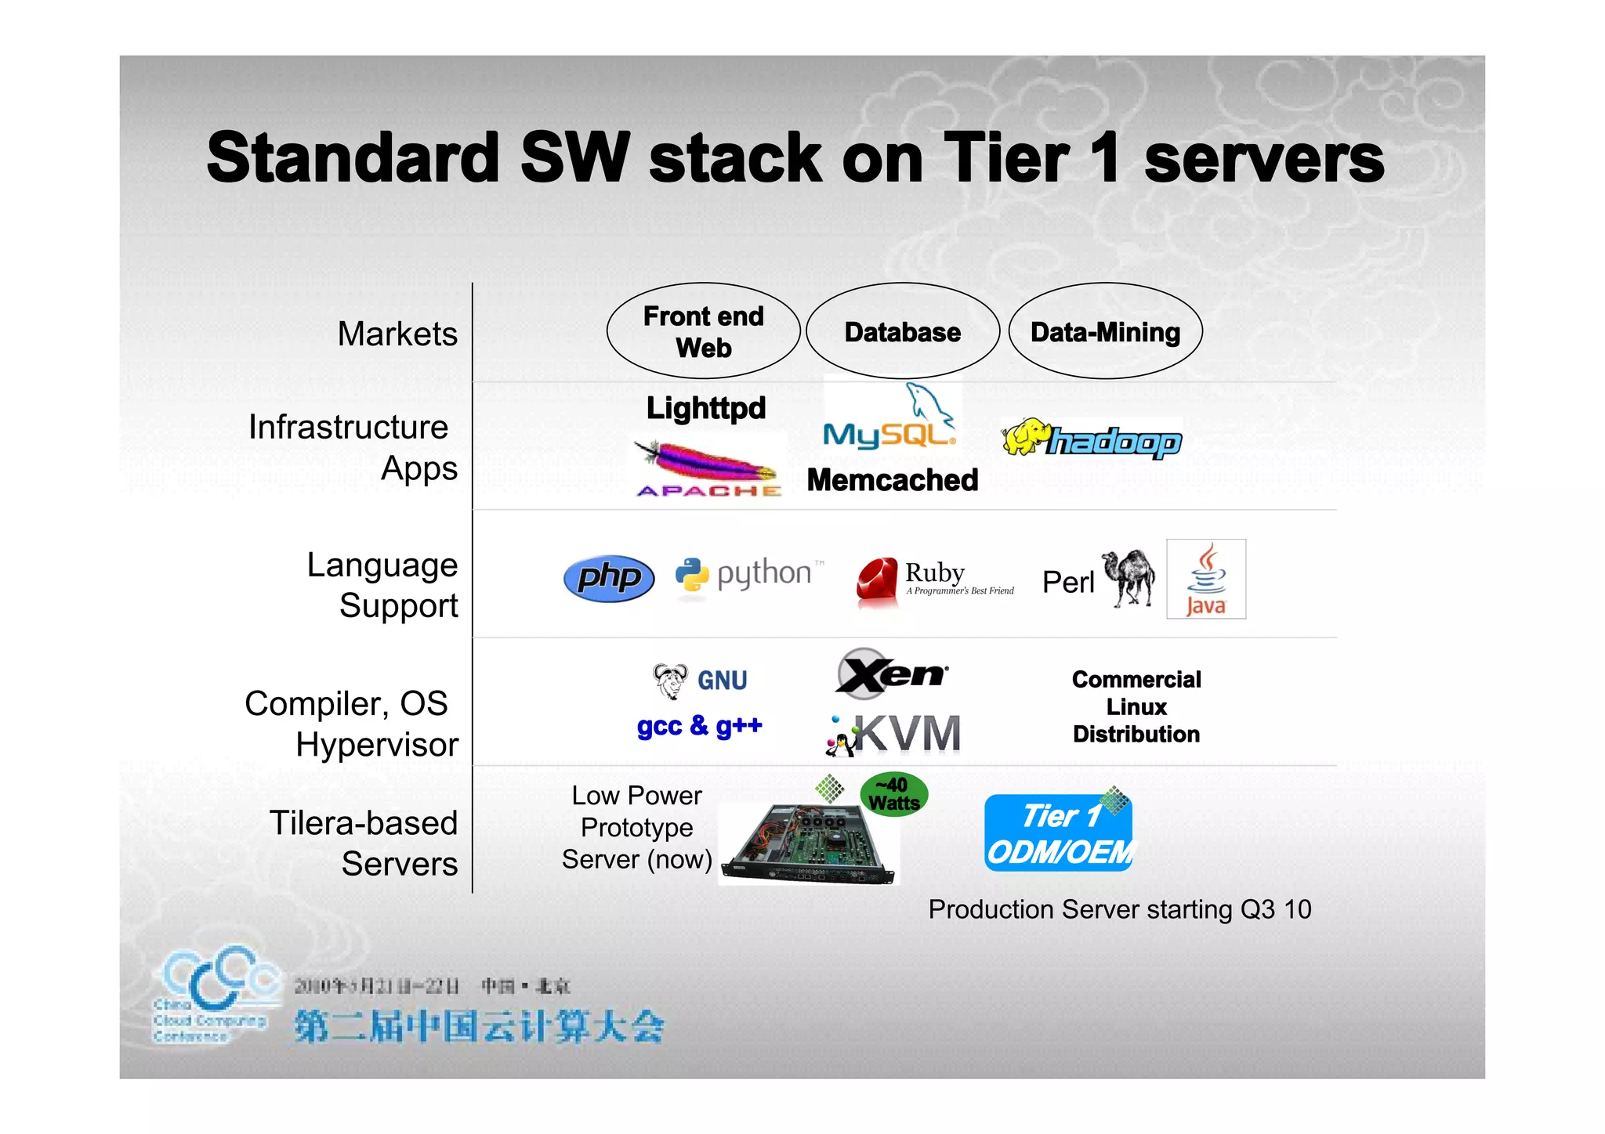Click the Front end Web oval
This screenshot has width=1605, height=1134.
[x=703, y=331]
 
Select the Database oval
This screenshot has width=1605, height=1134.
[x=903, y=331]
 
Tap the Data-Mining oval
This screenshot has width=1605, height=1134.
[x=1105, y=331]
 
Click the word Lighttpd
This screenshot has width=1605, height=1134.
[x=705, y=408]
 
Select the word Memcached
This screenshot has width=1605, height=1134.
[x=893, y=479]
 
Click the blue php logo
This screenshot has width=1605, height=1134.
[x=609, y=579]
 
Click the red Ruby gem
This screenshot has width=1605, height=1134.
[x=878, y=582]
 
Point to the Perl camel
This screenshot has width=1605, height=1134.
[x=1129, y=578]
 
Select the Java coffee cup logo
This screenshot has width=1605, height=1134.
[x=1205, y=579]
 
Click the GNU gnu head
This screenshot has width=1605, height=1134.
[x=670, y=680]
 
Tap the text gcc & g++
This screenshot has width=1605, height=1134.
[x=699, y=726]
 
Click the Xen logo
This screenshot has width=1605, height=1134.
[x=891, y=673]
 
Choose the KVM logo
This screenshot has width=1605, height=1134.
[x=893, y=735]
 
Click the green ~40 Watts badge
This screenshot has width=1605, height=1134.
[x=894, y=794]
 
